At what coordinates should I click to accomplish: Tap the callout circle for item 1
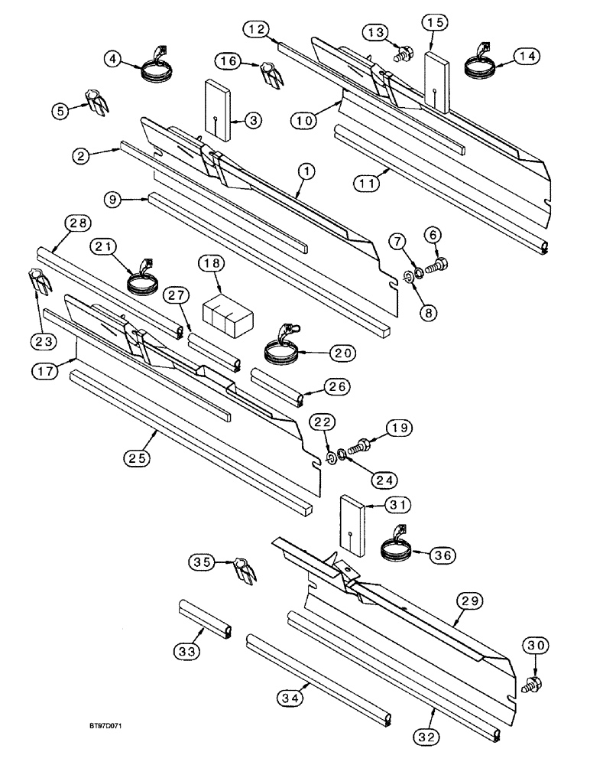click(304, 174)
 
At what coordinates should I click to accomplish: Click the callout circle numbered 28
click(79, 224)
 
